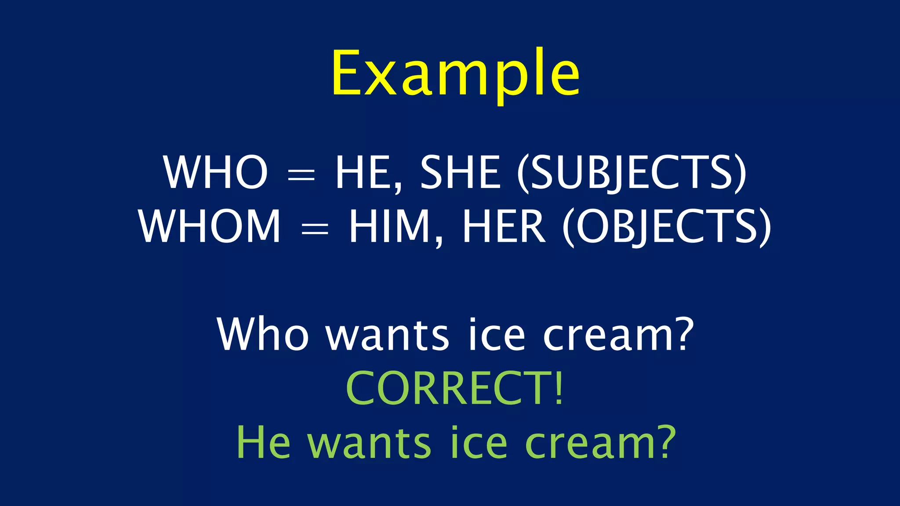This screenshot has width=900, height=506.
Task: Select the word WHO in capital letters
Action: click(x=215, y=172)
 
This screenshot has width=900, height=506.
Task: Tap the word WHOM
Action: click(x=210, y=226)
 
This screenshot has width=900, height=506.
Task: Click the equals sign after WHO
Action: click(x=301, y=176)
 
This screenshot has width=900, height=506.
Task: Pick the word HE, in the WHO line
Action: click(x=368, y=172)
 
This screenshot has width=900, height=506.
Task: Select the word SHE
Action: click(x=460, y=172)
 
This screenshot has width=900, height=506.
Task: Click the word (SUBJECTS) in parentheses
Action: click(x=631, y=173)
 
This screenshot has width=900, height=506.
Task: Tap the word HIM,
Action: click(x=396, y=227)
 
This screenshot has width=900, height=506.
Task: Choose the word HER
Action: click(x=504, y=227)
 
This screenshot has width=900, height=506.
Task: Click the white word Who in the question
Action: click(x=263, y=335)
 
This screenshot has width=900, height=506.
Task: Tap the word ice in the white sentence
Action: click(x=497, y=335)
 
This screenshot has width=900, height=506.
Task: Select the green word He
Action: click(x=263, y=442)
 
